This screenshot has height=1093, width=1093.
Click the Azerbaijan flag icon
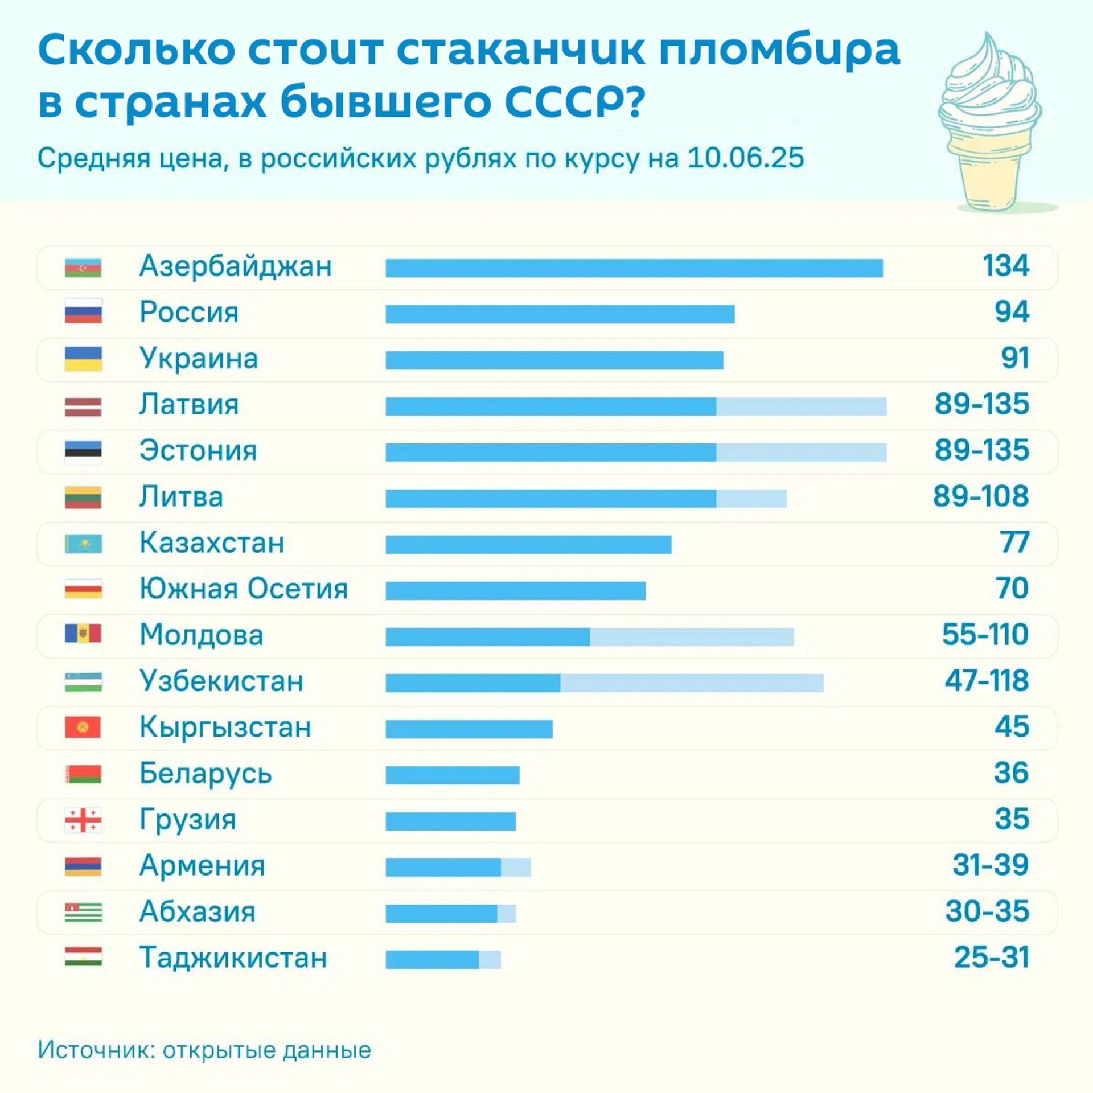click(x=83, y=268)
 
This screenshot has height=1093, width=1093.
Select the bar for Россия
click(x=560, y=314)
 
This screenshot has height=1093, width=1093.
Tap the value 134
click(x=1005, y=266)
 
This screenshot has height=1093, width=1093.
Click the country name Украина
click(x=199, y=359)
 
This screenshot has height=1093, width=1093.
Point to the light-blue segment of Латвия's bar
click(x=801, y=406)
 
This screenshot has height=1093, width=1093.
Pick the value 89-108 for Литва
click(x=980, y=496)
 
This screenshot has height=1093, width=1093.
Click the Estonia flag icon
click(x=83, y=452)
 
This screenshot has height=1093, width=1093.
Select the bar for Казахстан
click(x=528, y=545)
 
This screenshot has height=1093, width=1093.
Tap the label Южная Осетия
click(x=244, y=589)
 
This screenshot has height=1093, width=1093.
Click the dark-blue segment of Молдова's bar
click(x=487, y=637)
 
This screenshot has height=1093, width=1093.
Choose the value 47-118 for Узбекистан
click(x=987, y=681)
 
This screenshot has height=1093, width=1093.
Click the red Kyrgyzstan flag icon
click(x=83, y=728)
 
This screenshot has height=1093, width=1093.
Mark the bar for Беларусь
click(x=453, y=775)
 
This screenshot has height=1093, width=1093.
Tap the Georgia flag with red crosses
click(x=83, y=820)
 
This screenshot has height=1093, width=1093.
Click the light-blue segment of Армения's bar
click(x=516, y=868)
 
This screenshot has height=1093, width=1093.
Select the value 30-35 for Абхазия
click(x=987, y=911)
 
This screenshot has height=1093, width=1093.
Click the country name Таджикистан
click(x=233, y=958)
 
